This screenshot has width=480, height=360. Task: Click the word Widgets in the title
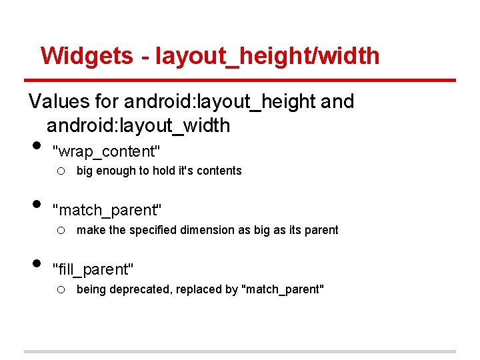tap(87, 55)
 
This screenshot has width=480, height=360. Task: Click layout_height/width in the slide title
tap(267, 56)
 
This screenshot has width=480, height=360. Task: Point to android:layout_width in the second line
tap(138, 125)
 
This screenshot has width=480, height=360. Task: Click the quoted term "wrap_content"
tap(107, 151)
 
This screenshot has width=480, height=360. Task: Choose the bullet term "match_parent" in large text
tap(107, 211)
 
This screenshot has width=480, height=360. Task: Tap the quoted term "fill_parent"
tap(93, 270)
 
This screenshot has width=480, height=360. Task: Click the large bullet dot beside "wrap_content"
tap(36, 146)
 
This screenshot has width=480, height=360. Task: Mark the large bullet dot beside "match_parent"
tap(36, 205)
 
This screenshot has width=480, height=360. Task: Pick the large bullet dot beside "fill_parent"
tap(36, 264)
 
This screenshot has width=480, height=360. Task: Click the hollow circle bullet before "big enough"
tap(60, 171)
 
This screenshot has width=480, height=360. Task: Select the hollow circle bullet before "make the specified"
tap(60, 231)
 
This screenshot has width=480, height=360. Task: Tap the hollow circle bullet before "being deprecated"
tap(60, 290)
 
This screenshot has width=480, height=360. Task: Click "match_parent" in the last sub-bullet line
tap(283, 289)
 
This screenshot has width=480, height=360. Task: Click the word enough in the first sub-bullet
tap(114, 171)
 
